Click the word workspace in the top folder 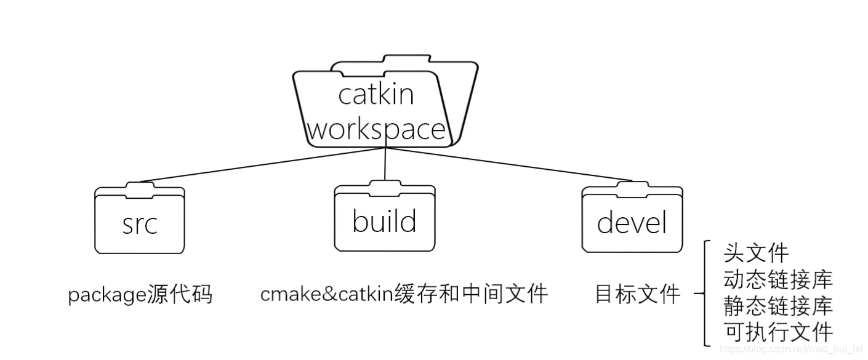(x=376, y=129)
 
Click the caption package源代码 (x=140, y=295)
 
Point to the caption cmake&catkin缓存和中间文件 (x=404, y=294)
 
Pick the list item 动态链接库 (x=778, y=279)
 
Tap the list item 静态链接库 (x=778, y=306)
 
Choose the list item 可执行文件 (x=778, y=332)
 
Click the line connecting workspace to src (x=259, y=166)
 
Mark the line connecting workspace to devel (x=511, y=165)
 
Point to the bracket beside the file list (x=704, y=293)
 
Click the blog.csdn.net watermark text (x=790, y=350)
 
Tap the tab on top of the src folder (x=140, y=184)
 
